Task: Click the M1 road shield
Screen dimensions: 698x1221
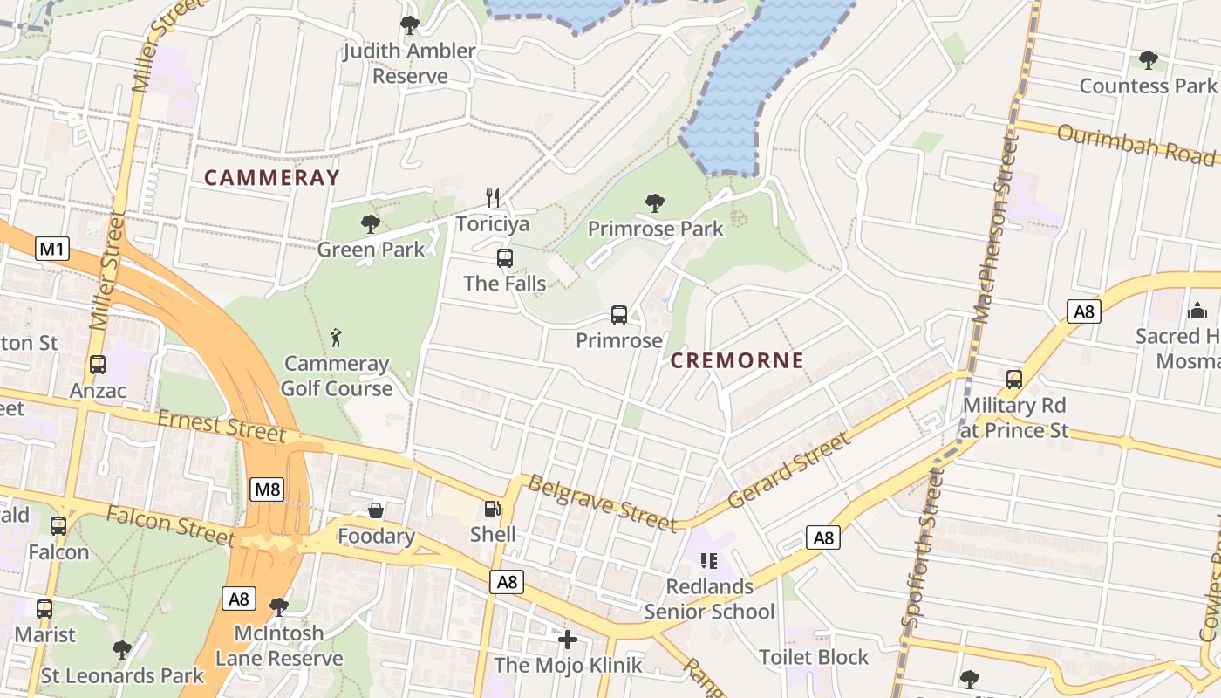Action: tap(52, 250)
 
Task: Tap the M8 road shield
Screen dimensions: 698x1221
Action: tap(267, 489)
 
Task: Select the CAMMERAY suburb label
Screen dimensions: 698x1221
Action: tap(271, 178)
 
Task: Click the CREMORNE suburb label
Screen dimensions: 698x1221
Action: tap(737, 360)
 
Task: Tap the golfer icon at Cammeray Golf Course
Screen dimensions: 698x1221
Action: tap(337, 337)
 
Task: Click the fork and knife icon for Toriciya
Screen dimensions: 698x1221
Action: tap(493, 198)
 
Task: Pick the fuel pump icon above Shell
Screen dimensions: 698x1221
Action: tap(493, 509)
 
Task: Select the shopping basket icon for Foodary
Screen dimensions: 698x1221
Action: tap(376, 510)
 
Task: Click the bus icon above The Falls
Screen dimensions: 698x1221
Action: tap(505, 258)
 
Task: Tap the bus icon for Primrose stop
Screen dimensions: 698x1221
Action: tap(619, 315)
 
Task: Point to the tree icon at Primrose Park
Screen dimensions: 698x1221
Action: tap(655, 203)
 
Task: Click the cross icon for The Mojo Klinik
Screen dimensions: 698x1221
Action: tap(568, 640)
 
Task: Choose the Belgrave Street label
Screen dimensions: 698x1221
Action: tap(602, 503)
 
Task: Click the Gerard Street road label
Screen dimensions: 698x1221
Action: tap(789, 471)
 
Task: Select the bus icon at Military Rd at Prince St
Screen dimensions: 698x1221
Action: tap(1014, 380)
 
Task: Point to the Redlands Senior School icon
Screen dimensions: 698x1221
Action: tap(708, 561)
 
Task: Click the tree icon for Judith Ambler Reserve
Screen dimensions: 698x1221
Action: tap(409, 25)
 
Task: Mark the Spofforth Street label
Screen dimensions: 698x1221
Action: tap(924, 547)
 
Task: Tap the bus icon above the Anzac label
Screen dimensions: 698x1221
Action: tap(98, 365)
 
